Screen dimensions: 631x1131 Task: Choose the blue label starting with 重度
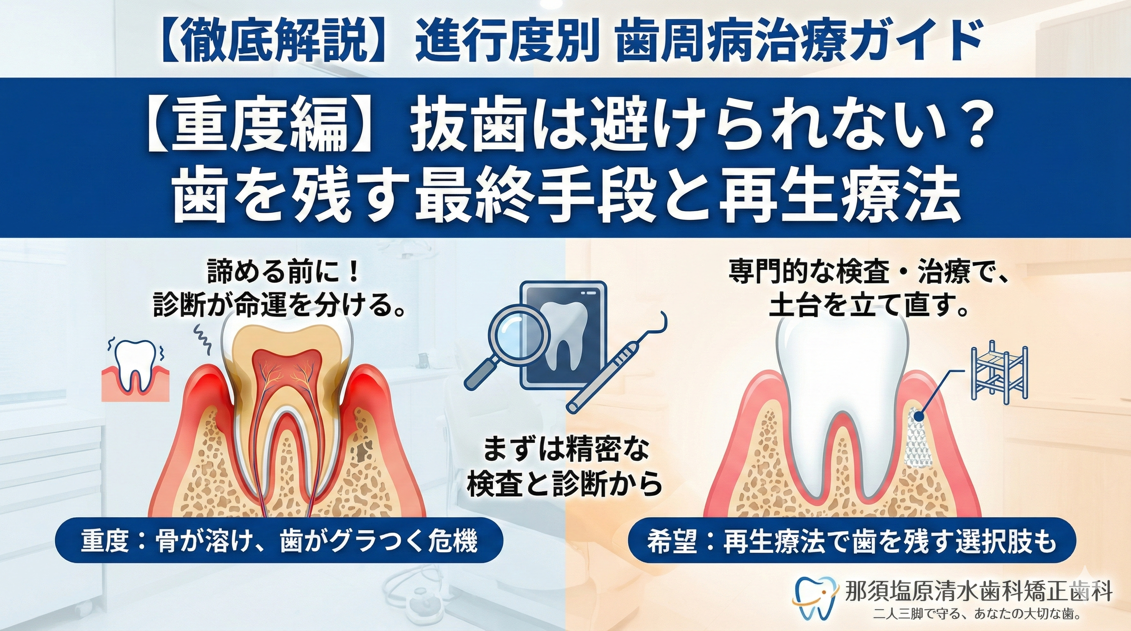278,543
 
